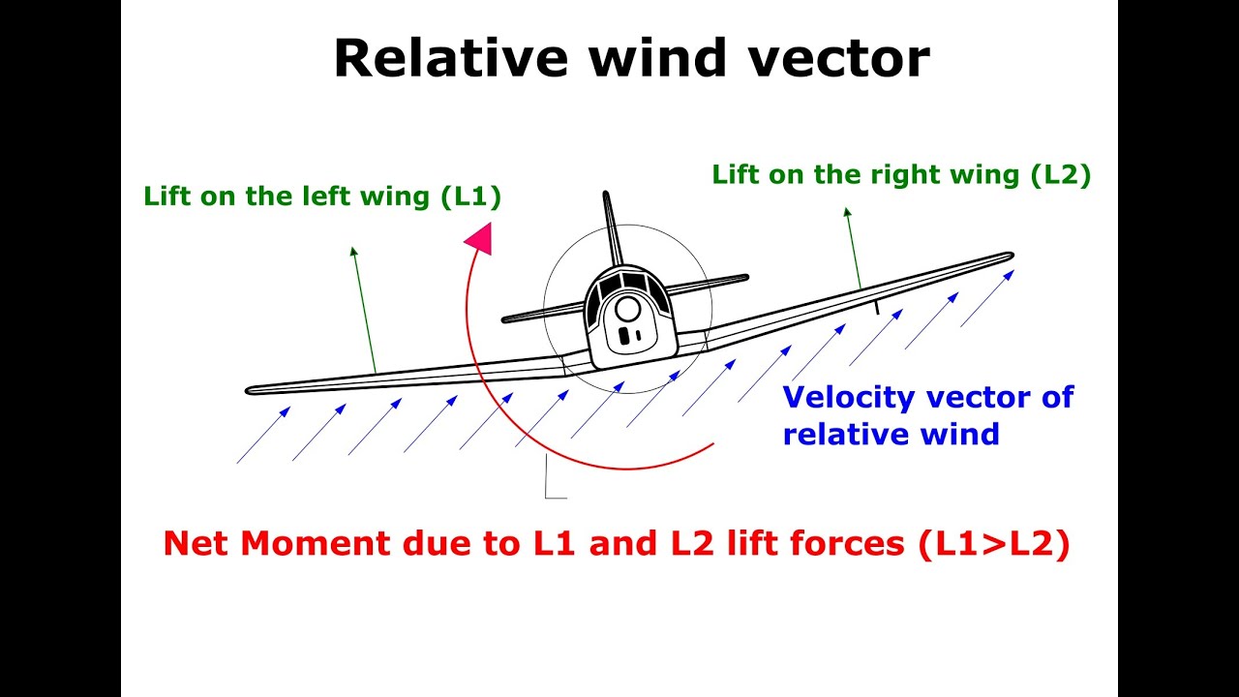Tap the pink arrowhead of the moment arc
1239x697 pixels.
click(479, 237)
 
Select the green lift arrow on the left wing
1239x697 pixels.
click(363, 310)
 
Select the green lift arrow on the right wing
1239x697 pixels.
click(853, 248)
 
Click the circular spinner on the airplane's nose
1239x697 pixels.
click(627, 309)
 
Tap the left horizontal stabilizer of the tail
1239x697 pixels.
click(542, 313)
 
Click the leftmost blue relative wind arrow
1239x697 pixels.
click(262, 436)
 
